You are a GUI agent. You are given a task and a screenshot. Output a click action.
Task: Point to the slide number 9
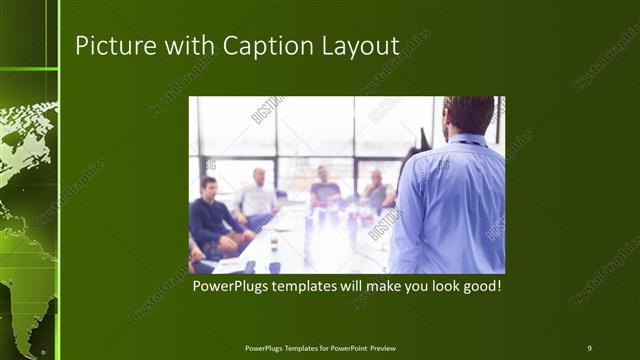click(x=589, y=348)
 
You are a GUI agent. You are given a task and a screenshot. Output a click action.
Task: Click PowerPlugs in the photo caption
click(x=232, y=286)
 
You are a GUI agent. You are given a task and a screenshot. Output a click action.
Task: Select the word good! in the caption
click(x=479, y=286)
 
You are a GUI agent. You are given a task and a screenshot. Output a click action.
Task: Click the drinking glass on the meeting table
click(x=273, y=242)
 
